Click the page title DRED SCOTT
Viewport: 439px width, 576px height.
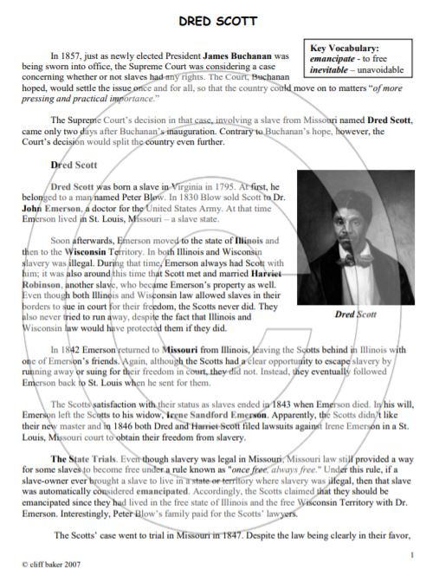tap(218, 18)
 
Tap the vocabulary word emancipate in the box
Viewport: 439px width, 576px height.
tap(332, 59)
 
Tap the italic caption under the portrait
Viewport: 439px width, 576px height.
tap(355, 314)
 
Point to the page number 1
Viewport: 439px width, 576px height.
tap(413, 554)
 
